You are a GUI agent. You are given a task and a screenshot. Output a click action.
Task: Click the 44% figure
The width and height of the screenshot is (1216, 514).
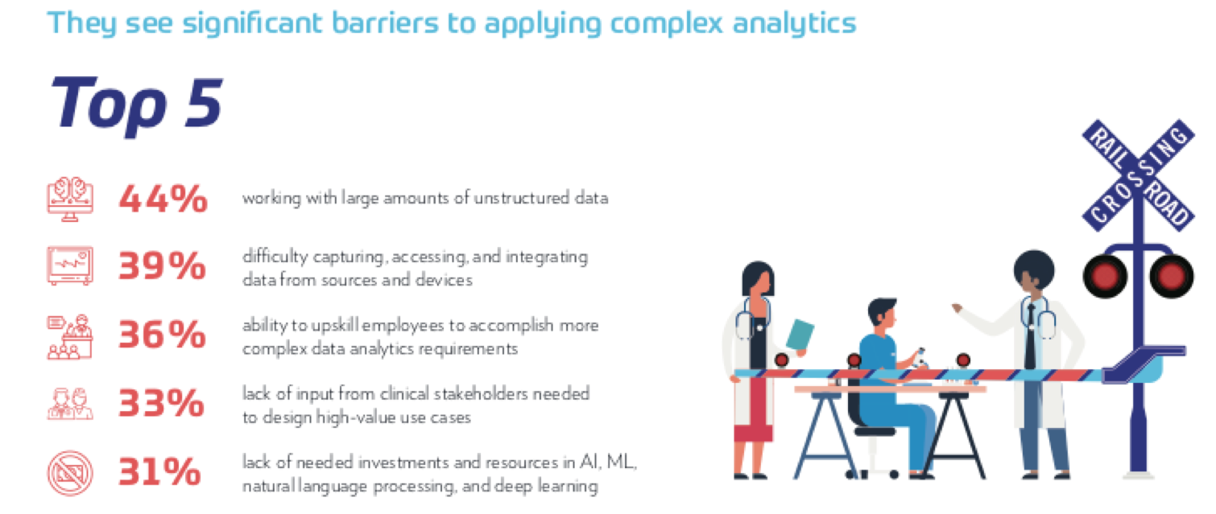pyautogui.click(x=163, y=199)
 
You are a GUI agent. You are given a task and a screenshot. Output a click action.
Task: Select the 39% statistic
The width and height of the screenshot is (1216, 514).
pyautogui.click(x=163, y=265)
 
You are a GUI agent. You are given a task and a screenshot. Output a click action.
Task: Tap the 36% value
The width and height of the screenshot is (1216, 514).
pyautogui.click(x=163, y=334)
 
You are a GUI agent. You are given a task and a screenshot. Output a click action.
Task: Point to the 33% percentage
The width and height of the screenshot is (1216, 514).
pyautogui.click(x=161, y=403)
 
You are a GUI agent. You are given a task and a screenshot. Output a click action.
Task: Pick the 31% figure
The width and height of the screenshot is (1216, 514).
pyautogui.click(x=159, y=471)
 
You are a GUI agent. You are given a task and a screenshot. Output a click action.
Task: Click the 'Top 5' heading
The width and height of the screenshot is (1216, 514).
pyautogui.click(x=136, y=105)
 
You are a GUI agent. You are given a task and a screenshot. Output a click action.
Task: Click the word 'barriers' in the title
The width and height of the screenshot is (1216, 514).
pyautogui.click(x=385, y=23)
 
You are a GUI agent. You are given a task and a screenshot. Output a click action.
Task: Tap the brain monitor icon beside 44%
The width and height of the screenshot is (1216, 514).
pyautogui.click(x=70, y=199)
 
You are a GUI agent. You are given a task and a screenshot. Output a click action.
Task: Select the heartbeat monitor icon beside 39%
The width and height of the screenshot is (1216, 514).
pyautogui.click(x=70, y=265)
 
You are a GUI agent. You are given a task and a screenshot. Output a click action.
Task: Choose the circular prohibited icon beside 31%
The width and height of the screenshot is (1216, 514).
pyautogui.click(x=70, y=473)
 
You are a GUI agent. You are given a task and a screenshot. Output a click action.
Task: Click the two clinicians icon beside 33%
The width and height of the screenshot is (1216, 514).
pyautogui.click(x=70, y=403)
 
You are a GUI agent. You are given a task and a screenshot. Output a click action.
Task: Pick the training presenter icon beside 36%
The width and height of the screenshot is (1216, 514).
pyautogui.click(x=70, y=337)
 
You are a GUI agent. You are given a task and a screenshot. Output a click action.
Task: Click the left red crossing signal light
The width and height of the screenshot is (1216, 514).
pyautogui.click(x=1105, y=277)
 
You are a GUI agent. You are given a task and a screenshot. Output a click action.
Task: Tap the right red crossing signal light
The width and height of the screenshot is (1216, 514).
pyautogui.click(x=1172, y=277)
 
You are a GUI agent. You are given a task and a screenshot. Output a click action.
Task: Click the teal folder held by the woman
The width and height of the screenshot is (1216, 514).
pyautogui.click(x=800, y=335)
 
